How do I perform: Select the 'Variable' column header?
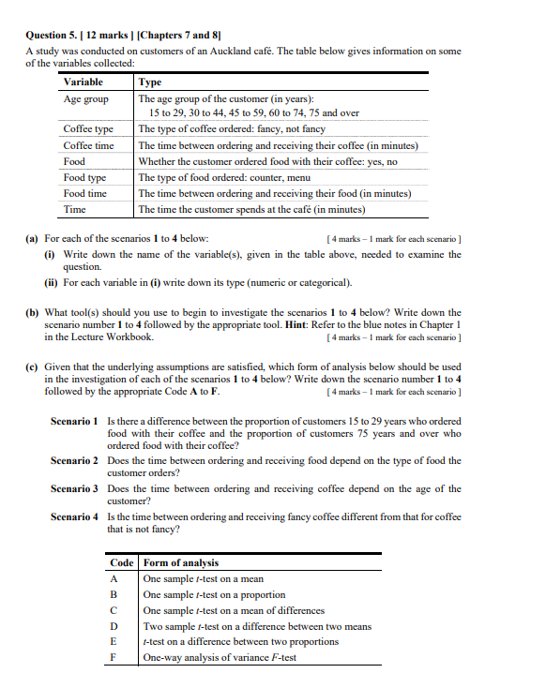coord(83,82)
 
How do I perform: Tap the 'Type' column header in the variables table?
coord(150,82)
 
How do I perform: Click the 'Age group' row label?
coord(85,98)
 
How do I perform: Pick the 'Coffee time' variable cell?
coord(88,145)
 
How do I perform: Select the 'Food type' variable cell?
coord(84,177)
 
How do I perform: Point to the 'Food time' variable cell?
coord(84,193)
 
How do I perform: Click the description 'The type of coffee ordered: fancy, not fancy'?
coord(232,129)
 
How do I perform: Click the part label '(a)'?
coord(32,239)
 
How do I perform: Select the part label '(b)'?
coord(32,312)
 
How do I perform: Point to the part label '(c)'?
coord(32,366)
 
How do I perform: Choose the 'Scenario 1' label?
coord(74,421)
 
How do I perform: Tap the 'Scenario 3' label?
coord(74,488)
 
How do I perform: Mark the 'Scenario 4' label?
coord(74,516)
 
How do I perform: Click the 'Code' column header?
coord(122,562)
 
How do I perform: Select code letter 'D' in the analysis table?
coord(114,626)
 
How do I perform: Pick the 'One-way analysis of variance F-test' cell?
coord(220,657)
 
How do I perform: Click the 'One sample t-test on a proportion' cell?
coord(214,594)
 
